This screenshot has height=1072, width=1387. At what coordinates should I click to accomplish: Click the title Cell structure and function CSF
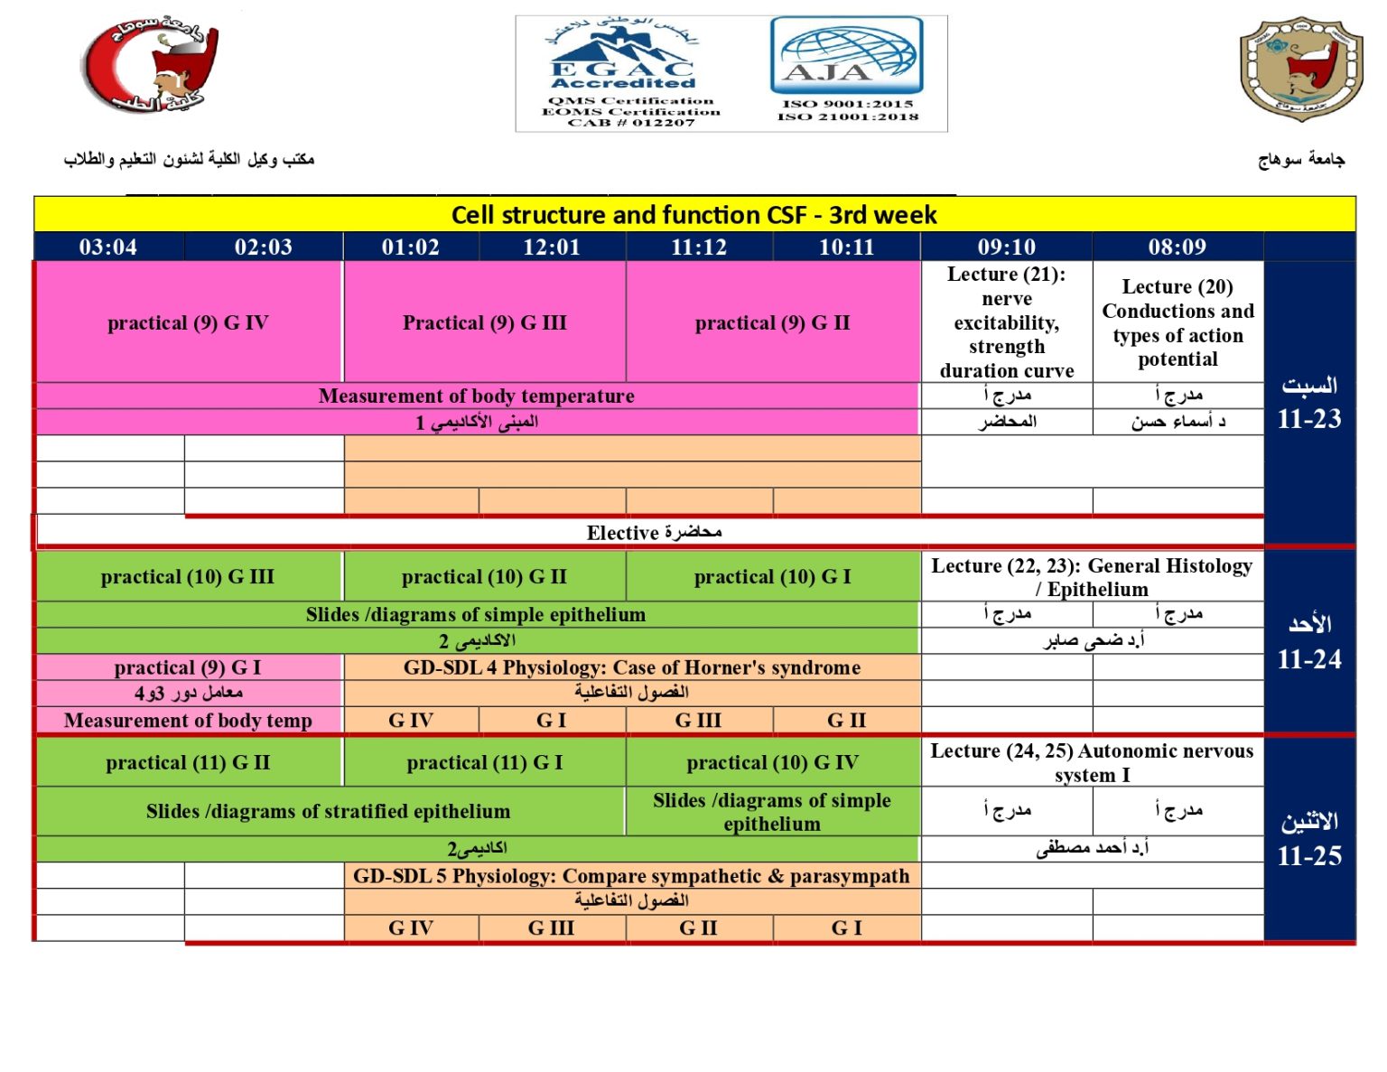[693, 215]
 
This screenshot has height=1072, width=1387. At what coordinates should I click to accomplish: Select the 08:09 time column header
[1177, 247]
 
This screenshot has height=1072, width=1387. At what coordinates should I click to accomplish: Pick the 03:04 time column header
[108, 247]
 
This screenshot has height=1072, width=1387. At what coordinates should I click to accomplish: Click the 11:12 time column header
[698, 247]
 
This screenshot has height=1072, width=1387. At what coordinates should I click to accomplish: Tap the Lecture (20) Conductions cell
[1178, 322]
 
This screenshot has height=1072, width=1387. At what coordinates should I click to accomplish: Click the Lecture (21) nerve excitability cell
[1006, 322]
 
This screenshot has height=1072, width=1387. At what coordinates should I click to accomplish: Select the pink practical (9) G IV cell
[188, 322]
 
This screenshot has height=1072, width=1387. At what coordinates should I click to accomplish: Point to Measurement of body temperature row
[476, 396]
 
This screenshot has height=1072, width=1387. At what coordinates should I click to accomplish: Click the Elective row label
[653, 532]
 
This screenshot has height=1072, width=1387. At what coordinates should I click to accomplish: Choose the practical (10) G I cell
[772, 576]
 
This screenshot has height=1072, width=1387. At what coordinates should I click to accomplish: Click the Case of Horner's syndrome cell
[631, 667]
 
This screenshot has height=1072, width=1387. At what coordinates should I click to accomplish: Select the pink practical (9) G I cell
[188, 667]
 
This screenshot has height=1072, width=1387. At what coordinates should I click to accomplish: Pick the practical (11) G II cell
[188, 762]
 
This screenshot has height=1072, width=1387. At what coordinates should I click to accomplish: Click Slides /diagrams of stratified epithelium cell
[328, 811]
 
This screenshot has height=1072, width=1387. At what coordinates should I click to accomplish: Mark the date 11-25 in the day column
[1308, 855]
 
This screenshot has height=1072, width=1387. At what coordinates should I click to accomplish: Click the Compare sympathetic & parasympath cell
[631, 875]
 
